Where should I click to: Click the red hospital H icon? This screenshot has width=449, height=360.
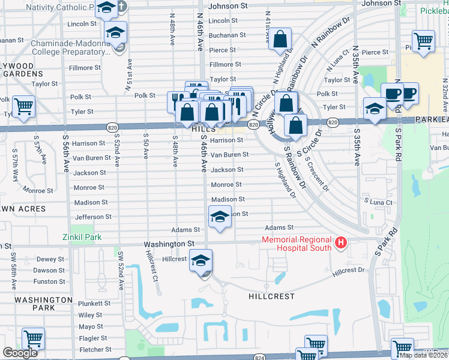pos(341,244)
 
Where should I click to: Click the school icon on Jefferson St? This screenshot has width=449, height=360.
pos(220,217)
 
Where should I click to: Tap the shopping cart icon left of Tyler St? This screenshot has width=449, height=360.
pos(23,107)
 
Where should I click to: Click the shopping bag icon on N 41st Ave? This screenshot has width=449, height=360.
pos(280,40)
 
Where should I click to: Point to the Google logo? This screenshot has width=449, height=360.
pos(20,353)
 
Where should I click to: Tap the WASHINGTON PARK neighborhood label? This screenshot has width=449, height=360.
pos(43,304)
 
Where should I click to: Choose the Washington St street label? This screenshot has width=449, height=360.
pos(169,244)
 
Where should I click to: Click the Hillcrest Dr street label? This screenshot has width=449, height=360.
pos(348,270)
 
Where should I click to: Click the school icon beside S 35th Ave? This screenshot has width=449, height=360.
pos(375,109)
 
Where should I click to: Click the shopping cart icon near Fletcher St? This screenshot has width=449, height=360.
pos(33,339)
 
